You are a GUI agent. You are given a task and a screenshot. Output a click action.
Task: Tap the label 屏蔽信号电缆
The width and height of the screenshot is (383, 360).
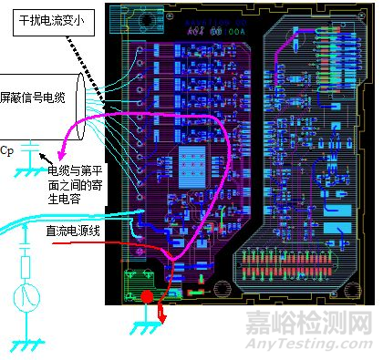(x=33, y=95)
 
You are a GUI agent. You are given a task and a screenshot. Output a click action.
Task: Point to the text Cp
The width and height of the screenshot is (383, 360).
(x=7, y=149)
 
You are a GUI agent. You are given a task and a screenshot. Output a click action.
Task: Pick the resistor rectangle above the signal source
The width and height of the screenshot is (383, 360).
(x=25, y=266)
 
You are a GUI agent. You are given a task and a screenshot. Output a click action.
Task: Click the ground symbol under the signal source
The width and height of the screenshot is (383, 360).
(x=25, y=344)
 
